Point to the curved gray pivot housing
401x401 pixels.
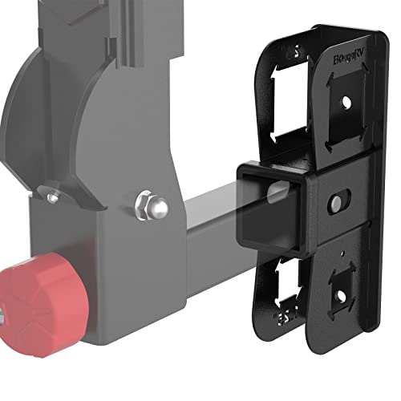[48, 120]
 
